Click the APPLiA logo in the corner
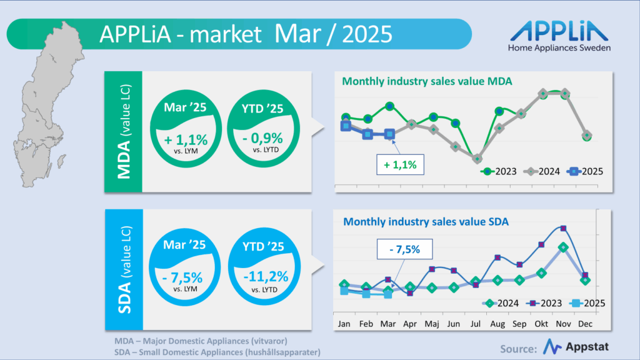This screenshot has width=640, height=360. [559, 36]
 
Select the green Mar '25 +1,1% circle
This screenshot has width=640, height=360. [186, 131]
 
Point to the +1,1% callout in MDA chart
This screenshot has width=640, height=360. [400, 165]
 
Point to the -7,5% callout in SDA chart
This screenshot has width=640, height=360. [404, 249]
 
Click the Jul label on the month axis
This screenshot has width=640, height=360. [476, 325]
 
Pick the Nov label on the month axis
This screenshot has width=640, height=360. [562, 325]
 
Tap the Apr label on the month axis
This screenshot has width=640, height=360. [410, 325]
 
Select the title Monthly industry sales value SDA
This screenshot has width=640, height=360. [426, 221]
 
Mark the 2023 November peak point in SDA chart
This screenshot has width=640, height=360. [563, 228]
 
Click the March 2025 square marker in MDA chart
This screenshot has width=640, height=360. [389, 134]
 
